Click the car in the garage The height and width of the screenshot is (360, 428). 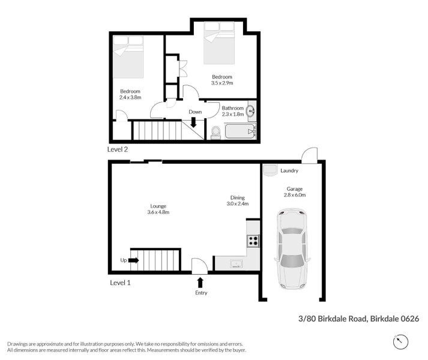click(292, 248)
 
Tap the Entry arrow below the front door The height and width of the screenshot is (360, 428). click(200, 282)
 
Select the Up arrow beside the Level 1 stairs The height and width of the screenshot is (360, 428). click(133, 260)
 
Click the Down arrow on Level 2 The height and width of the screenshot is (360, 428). click(193, 122)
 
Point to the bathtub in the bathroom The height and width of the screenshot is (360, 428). click(239, 131)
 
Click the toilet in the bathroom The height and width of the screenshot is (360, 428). click(215, 132)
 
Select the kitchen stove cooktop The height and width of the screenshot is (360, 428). click(253, 241)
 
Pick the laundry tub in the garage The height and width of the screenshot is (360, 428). click(270, 170)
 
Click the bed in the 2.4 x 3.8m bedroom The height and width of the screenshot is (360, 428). click(128, 56)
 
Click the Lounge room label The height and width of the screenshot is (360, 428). click(158, 206)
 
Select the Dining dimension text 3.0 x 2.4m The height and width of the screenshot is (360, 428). click(237, 204)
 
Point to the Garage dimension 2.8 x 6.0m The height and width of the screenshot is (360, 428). click(294, 195)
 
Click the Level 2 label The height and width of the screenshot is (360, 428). click(118, 149)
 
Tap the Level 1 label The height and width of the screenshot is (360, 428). click(120, 282)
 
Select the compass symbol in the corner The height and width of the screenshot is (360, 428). click(400, 342)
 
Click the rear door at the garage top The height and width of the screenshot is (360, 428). click(309, 156)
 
